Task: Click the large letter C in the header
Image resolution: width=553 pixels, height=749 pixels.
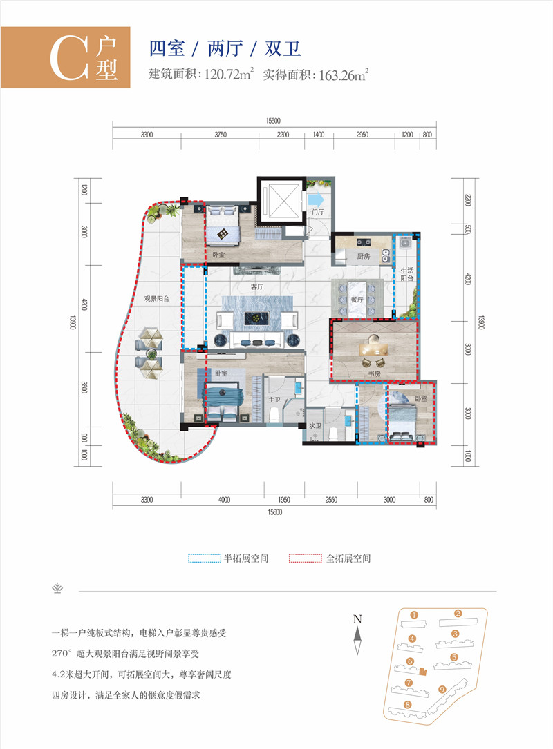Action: coord(66,59)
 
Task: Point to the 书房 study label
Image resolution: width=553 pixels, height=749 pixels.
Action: coord(375,374)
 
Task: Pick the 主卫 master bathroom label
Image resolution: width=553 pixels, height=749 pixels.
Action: coord(274,399)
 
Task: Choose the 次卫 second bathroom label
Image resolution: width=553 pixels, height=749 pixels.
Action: coord(315,426)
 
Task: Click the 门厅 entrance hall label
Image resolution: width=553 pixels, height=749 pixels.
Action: coord(318,213)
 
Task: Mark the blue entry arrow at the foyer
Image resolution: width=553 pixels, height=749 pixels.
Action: coord(316,200)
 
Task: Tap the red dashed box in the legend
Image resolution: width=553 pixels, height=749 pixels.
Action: coord(305,558)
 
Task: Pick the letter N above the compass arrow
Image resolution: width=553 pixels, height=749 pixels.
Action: coord(357,619)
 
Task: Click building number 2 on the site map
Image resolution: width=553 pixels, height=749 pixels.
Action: coord(458,613)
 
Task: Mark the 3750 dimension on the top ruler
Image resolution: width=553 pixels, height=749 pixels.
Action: coord(221,135)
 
